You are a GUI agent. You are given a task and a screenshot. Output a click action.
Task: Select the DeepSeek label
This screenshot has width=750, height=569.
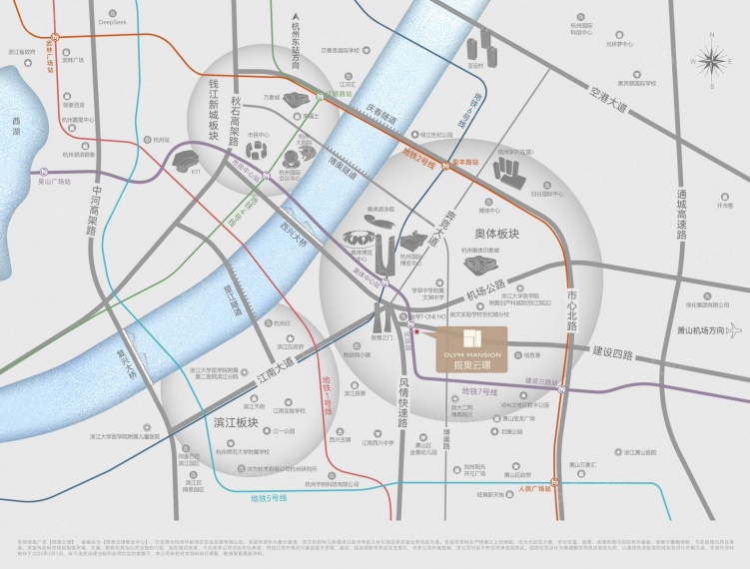click(112, 20)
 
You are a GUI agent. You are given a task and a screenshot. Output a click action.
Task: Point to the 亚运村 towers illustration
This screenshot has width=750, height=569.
click(510, 169)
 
